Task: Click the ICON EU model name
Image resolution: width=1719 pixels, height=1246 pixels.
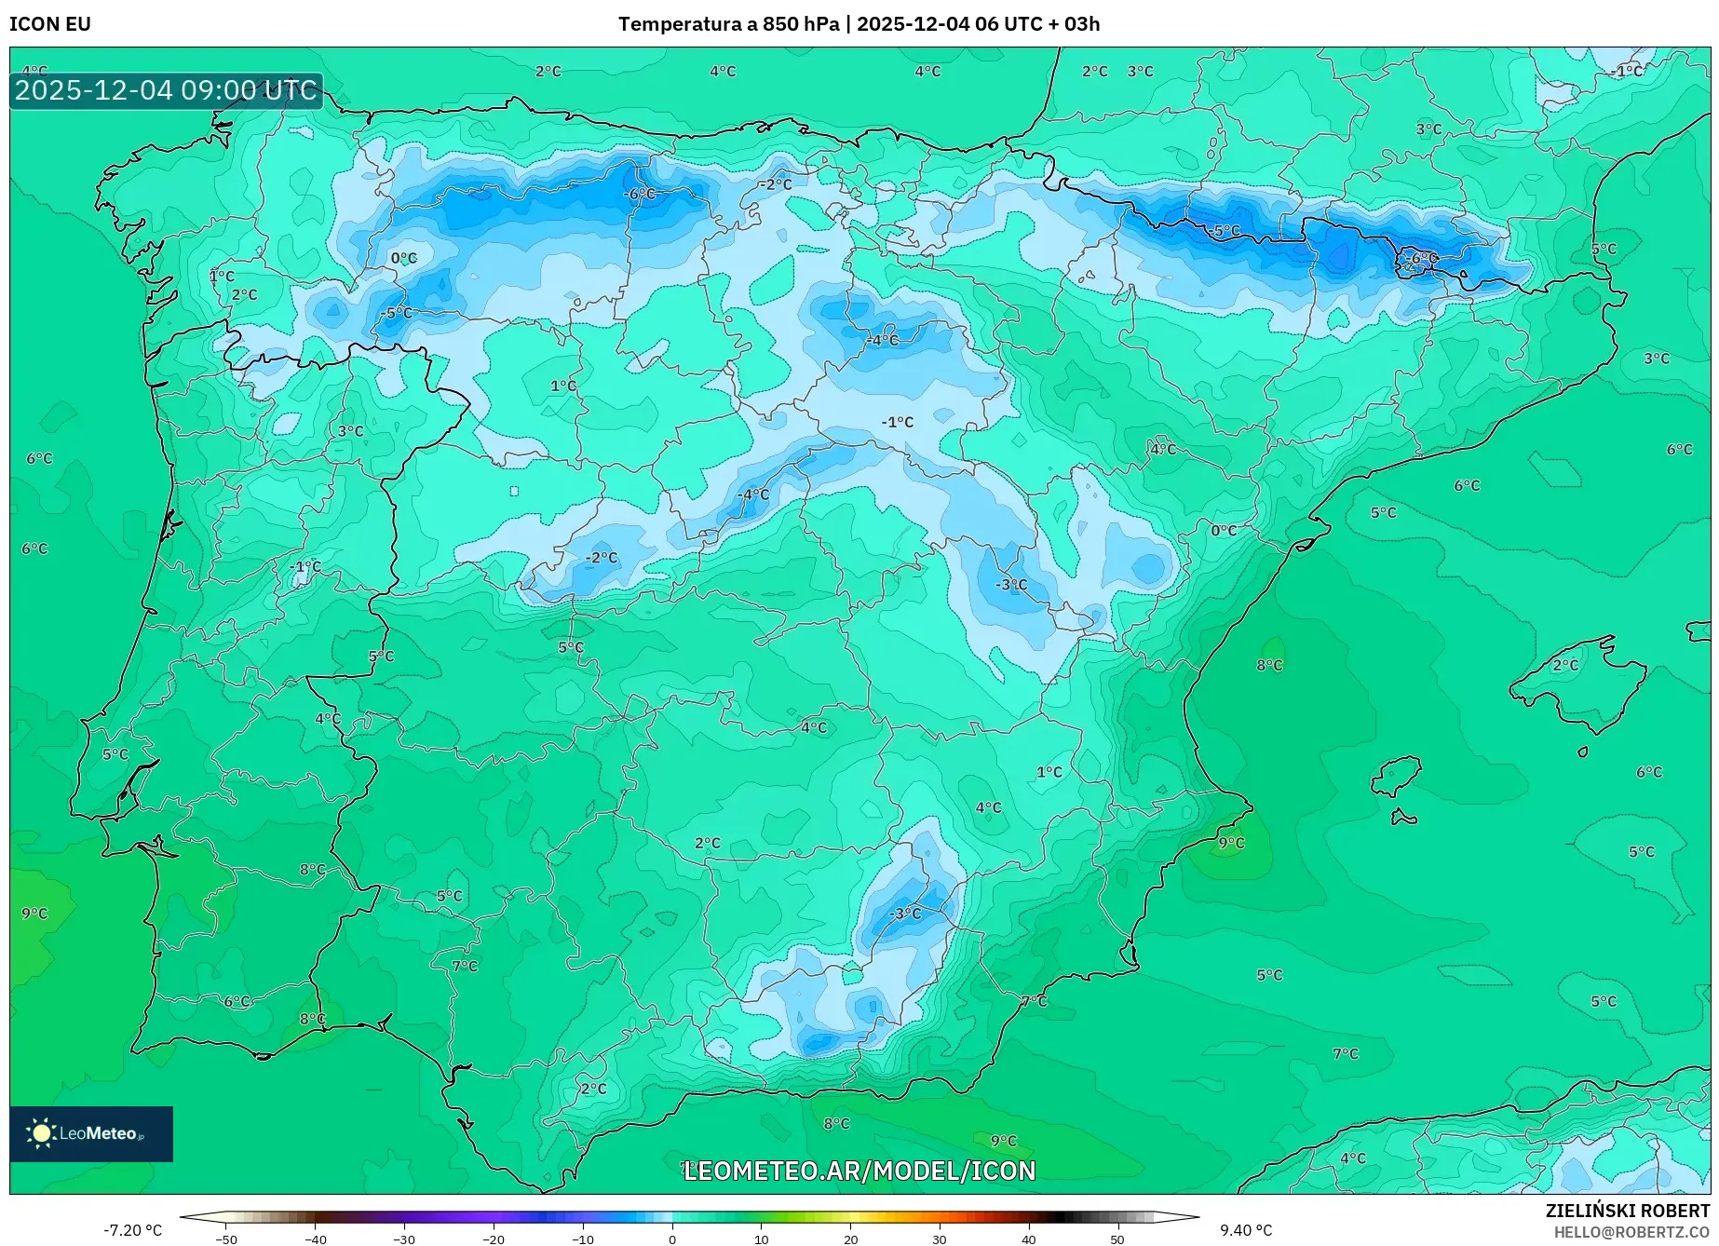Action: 50,24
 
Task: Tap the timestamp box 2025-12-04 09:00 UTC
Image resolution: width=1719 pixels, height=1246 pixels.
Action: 166,90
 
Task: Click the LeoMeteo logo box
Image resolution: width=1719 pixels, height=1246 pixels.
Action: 91,1133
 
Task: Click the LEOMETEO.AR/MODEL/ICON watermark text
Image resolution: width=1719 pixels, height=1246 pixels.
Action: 859,1171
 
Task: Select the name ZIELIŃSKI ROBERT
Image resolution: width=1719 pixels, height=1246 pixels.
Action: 1627,1211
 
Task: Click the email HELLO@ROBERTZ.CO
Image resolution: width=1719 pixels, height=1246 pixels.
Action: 1631,1232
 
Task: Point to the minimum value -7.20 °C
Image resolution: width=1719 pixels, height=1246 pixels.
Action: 132,1230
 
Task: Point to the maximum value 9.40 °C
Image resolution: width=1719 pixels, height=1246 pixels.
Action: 1245,1230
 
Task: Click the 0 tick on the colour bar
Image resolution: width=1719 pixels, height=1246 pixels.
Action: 671,1239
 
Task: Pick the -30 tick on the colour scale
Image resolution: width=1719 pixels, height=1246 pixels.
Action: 403,1239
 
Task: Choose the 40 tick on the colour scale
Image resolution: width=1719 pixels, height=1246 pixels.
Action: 1028,1239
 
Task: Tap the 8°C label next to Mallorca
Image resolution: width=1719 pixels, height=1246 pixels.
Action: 1269,665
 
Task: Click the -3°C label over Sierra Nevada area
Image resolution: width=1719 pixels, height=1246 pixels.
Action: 904,914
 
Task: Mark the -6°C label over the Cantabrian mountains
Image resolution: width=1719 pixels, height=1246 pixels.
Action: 640,194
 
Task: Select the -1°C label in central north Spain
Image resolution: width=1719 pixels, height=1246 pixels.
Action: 898,422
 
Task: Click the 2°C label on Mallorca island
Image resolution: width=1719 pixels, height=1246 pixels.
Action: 1565,665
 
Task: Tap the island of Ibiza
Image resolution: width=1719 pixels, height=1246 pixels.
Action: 1397,775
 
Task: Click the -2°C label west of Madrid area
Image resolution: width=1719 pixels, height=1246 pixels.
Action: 601,558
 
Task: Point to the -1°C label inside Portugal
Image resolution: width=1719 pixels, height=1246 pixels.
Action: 305,566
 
